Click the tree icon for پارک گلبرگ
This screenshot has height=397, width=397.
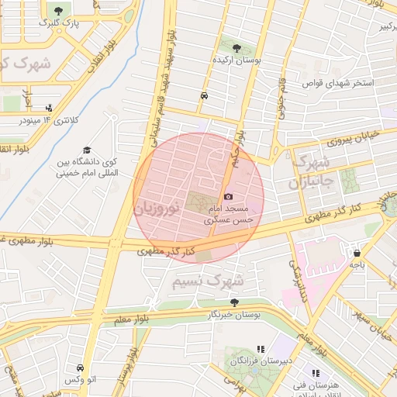[x=59, y=10]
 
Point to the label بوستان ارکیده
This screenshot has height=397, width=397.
[x=236, y=59]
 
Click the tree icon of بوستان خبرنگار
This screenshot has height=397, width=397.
[x=234, y=302]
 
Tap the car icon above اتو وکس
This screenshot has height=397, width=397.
[x=81, y=368]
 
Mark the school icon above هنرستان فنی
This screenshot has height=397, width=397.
[x=316, y=373]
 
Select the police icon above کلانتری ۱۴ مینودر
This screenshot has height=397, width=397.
[x=50, y=109]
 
